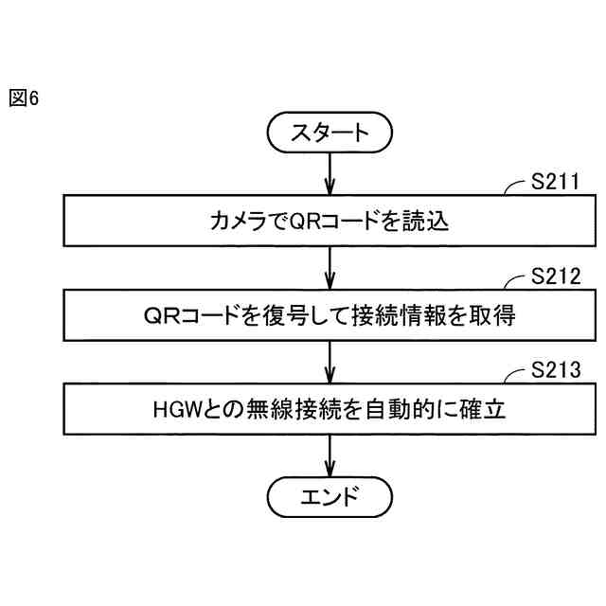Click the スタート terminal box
(x=330, y=132)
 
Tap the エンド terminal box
(x=330, y=495)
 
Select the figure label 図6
(x=24, y=98)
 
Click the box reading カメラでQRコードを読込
(x=330, y=221)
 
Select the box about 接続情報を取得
(x=330, y=315)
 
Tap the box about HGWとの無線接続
(x=330, y=409)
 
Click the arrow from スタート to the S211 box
(x=330, y=173)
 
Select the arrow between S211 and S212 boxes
(x=330, y=267)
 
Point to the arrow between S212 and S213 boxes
(x=330, y=361)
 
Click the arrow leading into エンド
(x=330, y=455)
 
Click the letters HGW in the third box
(x=173, y=410)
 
